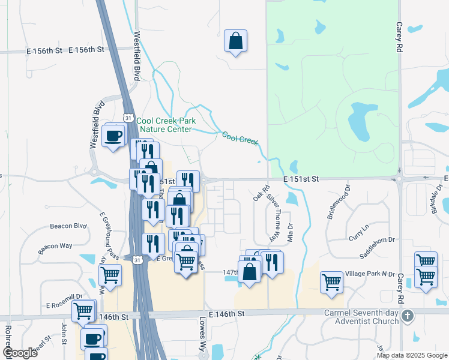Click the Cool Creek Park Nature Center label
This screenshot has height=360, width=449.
coord(166,125)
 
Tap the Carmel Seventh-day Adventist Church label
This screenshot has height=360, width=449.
coord(361,316)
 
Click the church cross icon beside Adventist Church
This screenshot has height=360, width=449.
coord(408,315)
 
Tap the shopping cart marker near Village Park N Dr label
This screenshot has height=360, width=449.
coord(331,282)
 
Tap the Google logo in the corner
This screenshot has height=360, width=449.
coord(19,352)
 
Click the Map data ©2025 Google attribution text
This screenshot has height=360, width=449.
coord(412,355)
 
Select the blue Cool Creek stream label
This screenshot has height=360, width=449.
coord(240,139)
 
